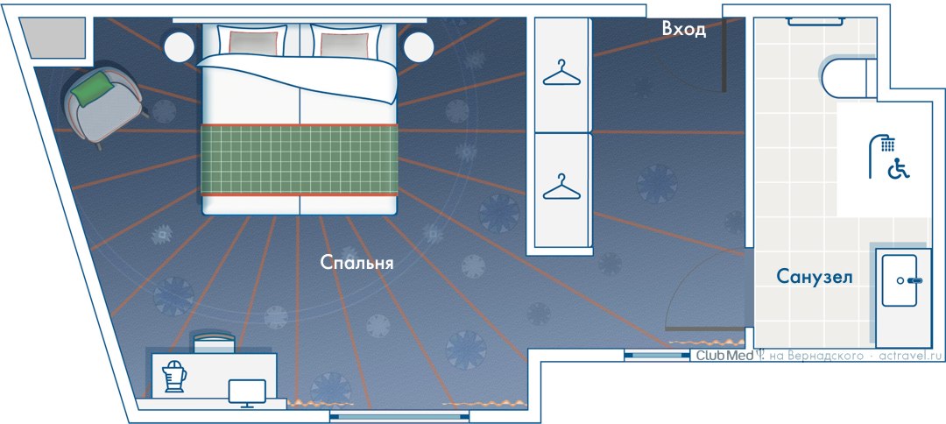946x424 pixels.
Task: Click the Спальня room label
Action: click(x=357, y=262)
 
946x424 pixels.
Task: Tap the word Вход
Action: click(x=683, y=29)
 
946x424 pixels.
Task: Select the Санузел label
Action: click(x=814, y=277)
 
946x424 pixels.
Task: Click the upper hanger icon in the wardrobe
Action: click(x=561, y=73)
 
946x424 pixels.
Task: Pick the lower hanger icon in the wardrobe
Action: click(x=561, y=187)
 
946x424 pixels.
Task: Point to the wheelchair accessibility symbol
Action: click(x=899, y=169)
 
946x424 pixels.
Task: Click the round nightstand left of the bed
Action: click(x=179, y=46)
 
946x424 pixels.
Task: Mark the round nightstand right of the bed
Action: click(x=419, y=46)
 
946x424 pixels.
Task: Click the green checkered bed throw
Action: click(x=300, y=159)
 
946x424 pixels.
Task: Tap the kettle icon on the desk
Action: click(x=173, y=376)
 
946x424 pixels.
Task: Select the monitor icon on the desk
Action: click(x=247, y=393)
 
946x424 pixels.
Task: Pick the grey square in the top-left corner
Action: click(x=53, y=38)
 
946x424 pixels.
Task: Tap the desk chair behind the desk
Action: click(x=213, y=342)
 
